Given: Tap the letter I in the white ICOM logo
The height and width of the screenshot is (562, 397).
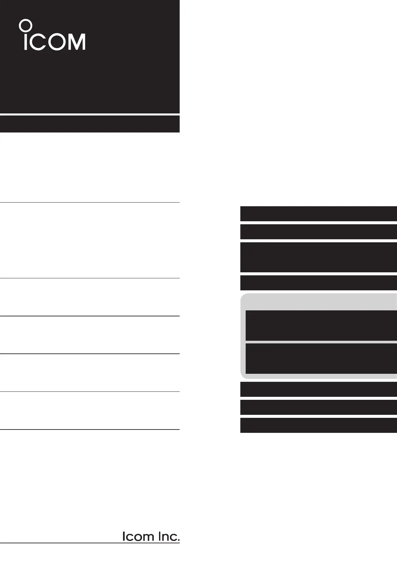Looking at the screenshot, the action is [26, 42].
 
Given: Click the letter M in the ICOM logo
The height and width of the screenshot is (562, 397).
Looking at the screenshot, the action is [76, 42].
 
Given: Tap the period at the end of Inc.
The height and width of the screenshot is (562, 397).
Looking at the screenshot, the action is [178, 540].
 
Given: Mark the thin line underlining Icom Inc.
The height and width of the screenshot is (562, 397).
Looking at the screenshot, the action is [90, 543].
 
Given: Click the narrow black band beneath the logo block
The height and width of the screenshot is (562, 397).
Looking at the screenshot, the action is [90, 124].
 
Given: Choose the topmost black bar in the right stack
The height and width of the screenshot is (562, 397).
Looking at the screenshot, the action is [318, 214].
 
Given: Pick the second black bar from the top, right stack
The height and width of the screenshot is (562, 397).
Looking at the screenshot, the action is [318, 232].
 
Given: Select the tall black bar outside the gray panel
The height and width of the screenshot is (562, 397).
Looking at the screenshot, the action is [318, 257].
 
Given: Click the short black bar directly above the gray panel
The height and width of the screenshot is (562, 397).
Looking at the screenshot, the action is [318, 283].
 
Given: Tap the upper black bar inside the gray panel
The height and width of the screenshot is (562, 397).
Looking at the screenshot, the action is [321, 325].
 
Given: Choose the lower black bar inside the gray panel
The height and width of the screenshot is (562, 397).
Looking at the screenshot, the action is [321, 358].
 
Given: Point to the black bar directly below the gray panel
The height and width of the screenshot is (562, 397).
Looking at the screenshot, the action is [318, 389].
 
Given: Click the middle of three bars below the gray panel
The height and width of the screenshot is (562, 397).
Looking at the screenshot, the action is [318, 407].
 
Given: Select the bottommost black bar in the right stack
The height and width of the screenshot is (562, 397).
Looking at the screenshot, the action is [318, 425].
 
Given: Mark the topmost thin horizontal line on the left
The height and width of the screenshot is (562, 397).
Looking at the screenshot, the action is [90, 202].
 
